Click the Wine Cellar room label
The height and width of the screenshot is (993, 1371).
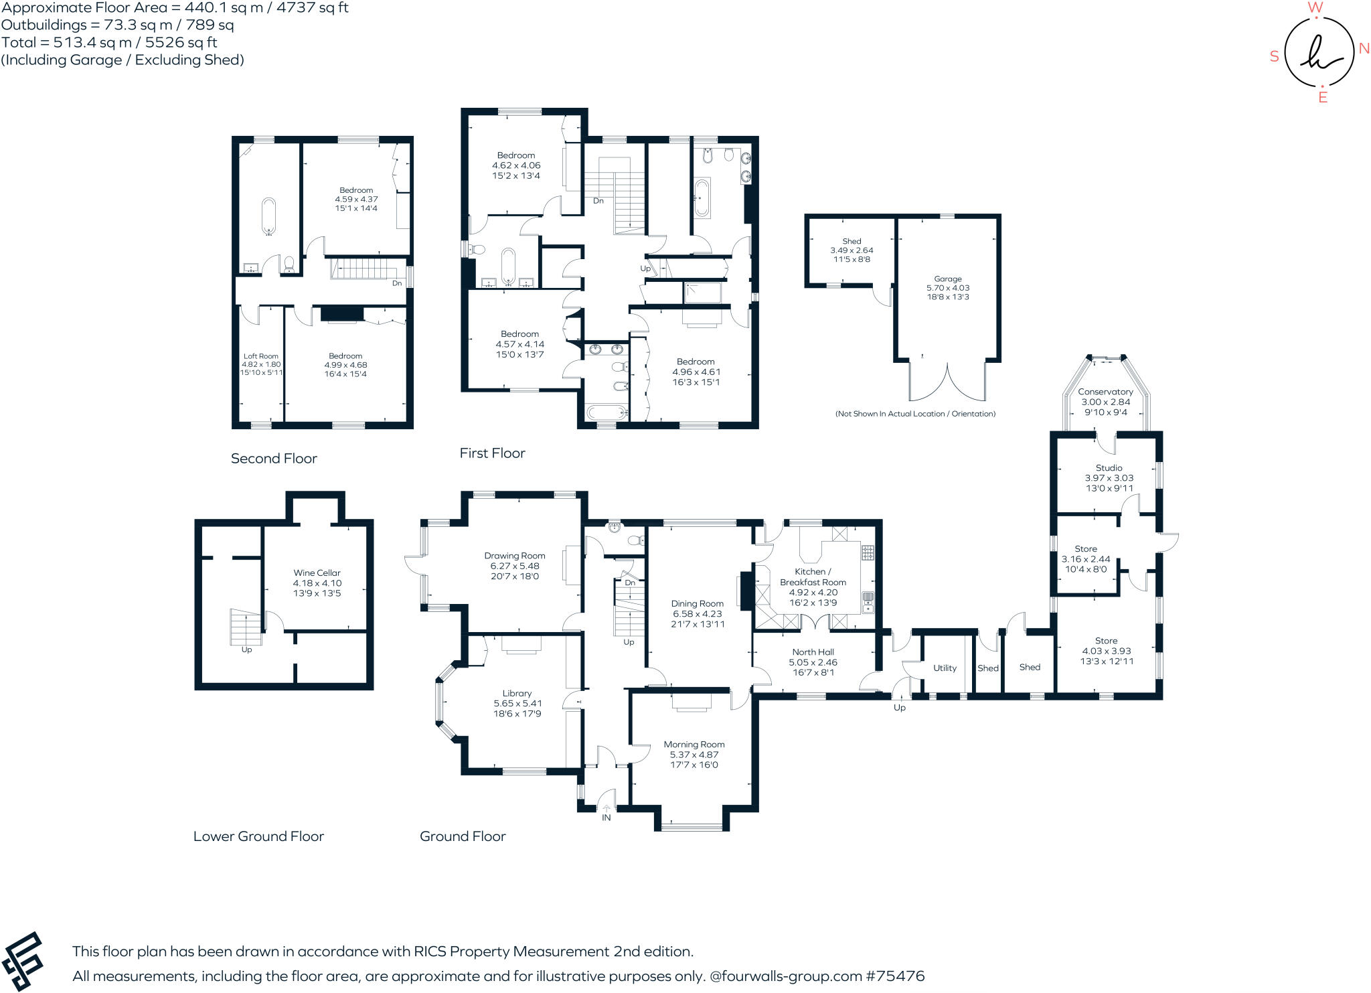[x=317, y=572]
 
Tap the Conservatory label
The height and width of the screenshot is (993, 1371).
[x=1105, y=392]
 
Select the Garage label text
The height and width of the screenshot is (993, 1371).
[x=948, y=279]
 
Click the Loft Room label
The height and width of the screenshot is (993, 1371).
[x=260, y=356]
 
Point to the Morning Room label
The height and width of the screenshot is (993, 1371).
[x=694, y=744]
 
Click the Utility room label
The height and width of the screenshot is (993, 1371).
[x=945, y=668]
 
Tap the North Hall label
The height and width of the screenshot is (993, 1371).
[x=813, y=652]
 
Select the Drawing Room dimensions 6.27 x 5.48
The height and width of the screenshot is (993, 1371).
[x=514, y=566]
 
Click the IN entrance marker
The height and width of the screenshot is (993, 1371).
[x=606, y=818]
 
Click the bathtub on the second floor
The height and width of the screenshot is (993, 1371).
[x=268, y=215]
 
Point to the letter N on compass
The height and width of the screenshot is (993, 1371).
[x=1364, y=49]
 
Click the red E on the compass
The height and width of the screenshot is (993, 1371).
[x=1323, y=98]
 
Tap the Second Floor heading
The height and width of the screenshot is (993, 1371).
[x=274, y=459]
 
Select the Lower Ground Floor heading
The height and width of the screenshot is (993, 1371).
[x=258, y=836]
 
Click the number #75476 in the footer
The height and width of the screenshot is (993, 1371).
[x=895, y=976]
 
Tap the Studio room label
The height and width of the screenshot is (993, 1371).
[x=1109, y=467]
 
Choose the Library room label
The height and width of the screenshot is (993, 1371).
[x=517, y=693]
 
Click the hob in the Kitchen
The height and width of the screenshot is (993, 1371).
[x=868, y=552]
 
